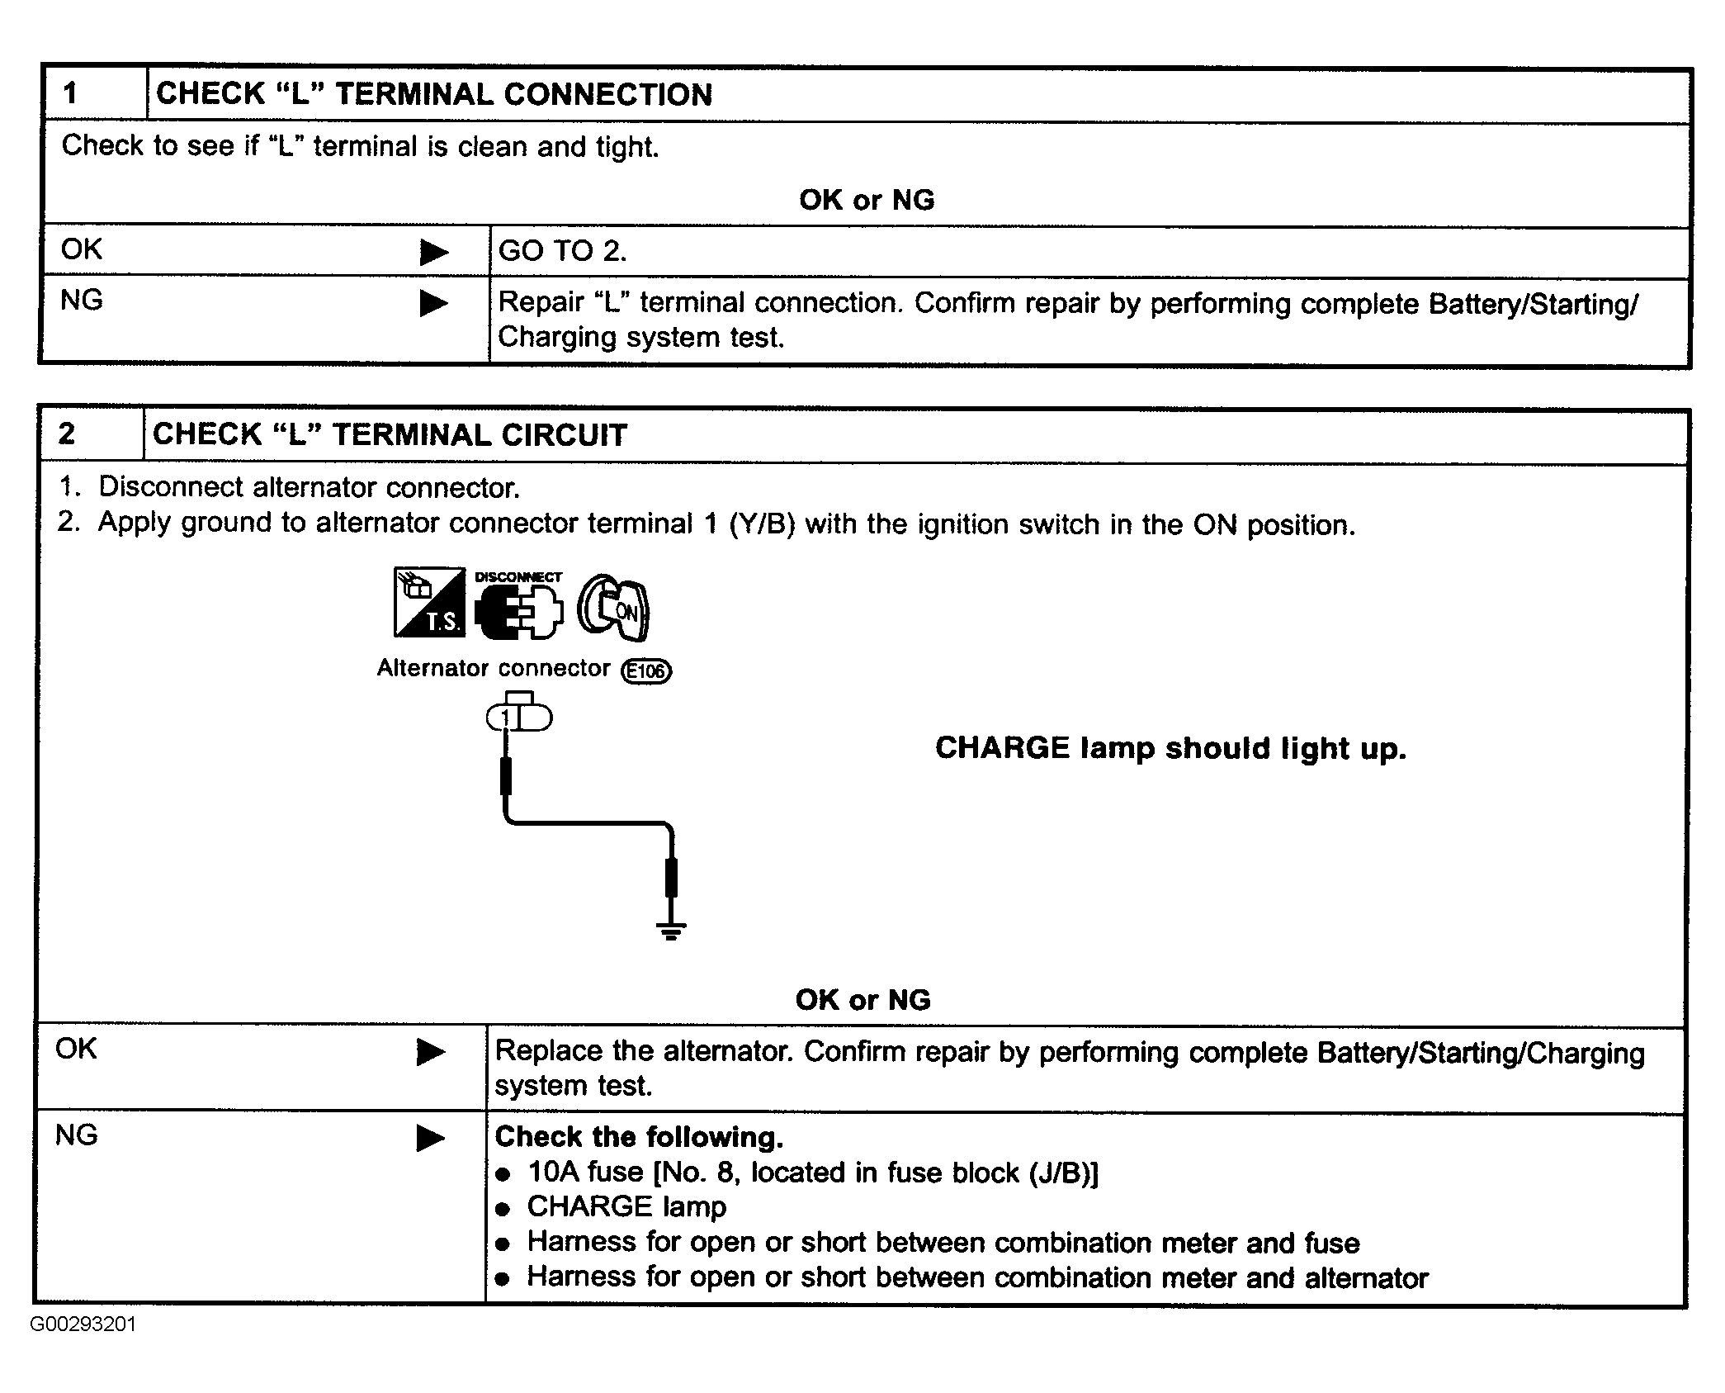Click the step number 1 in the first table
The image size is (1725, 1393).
[x=71, y=93]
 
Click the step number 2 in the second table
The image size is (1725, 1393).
[x=67, y=434]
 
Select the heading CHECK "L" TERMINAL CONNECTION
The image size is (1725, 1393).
[x=434, y=94]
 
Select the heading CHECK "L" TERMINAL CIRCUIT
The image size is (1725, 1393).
[x=390, y=434]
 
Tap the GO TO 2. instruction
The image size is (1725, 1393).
[x=563, y=251]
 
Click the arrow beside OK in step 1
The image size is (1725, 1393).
[x=433, y=252]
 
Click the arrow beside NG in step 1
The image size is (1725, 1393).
[x=433, y=303]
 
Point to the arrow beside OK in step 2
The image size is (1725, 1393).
[x=430, y=1052]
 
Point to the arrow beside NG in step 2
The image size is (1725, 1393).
[x=430, y=1138]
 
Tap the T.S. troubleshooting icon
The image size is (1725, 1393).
[x=429, y=602]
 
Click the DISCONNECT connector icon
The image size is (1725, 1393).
[x=518, y=604]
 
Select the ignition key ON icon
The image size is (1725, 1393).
[x=613, y=607]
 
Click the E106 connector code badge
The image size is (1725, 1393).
[x=646, y=670]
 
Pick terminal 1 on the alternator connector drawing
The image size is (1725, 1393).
[x=506, y=718]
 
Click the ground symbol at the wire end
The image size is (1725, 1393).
[x=671, y=931]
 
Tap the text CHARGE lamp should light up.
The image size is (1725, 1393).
[x=1170, y=748]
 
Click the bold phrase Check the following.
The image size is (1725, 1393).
[x=639, y=1137]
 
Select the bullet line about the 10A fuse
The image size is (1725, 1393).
[x=812, y=1173]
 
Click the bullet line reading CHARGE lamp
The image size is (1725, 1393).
[x=626, y=1207]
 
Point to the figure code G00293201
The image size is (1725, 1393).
[x=83, y=1324]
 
